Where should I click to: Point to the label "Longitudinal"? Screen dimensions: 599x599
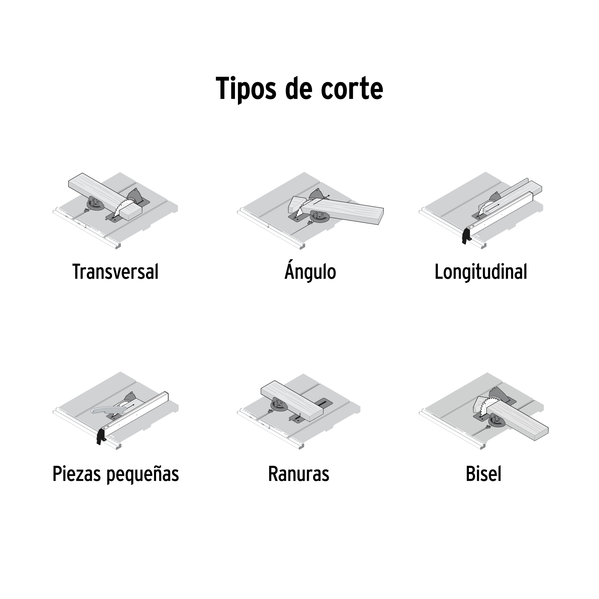(481, 272)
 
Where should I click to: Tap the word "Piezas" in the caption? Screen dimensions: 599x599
(77, 474)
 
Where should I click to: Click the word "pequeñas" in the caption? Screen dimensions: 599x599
(143, 474)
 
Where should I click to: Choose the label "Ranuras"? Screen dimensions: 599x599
(299, 474)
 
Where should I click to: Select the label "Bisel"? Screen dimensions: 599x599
(483, 474)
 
